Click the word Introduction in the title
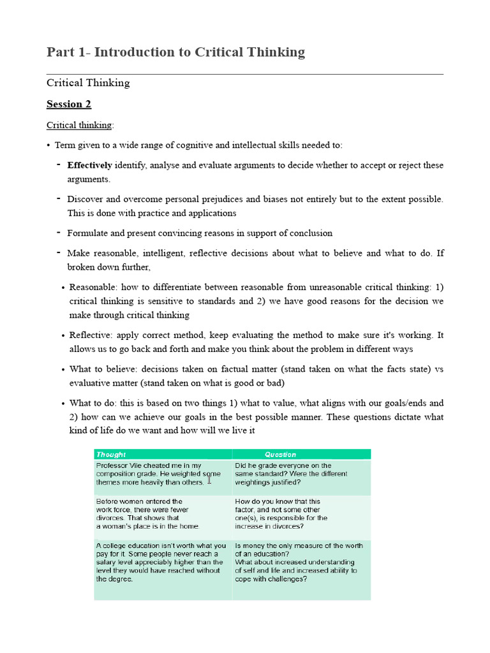point(131,52)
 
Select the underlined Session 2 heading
point(64,104)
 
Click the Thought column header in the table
point(111,455)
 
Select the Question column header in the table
point(281,455)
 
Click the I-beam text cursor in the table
point(209,480)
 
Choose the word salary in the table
point(107,562)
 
